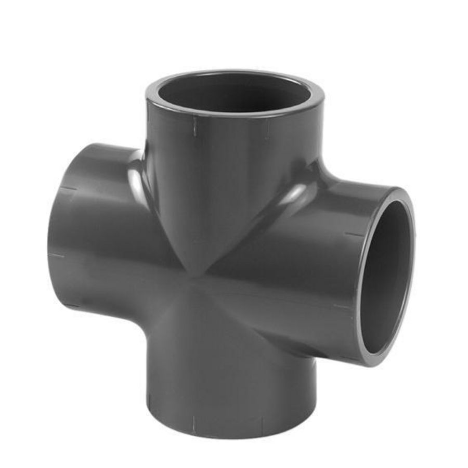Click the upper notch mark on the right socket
354,234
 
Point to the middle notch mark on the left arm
57,255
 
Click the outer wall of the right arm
312,260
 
